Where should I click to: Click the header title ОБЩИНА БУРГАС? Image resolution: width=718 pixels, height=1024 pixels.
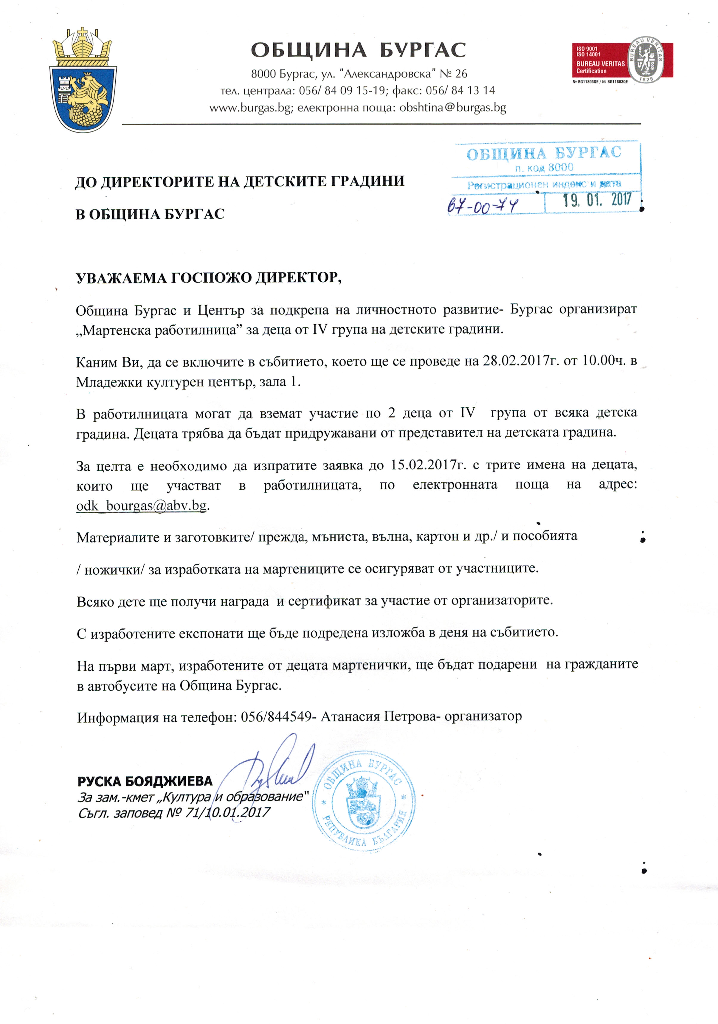(x=358, y=50)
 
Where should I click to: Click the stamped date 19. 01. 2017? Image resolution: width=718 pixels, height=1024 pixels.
(x=597, y=200)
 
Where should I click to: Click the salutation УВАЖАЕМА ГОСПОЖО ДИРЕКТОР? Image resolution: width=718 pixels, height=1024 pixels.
(x=209, y=277)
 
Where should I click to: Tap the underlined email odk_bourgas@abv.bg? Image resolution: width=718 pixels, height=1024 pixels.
(x=141, y=506)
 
